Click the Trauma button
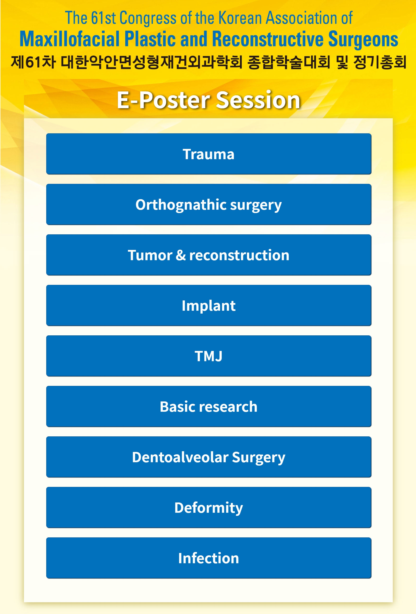point(209,154)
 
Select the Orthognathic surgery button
point(209,204)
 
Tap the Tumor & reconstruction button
point(209,255)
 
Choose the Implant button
point(209,305)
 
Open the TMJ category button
point(209,356)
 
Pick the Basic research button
point(209,406)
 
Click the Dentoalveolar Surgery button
point(209,457)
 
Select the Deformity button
point(209,507)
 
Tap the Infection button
point(209,558)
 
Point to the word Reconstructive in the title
point(268,39)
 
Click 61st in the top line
point(103,18)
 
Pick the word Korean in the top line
point(240,18)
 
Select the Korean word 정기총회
point(380,62)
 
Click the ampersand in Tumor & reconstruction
point(181,255)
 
